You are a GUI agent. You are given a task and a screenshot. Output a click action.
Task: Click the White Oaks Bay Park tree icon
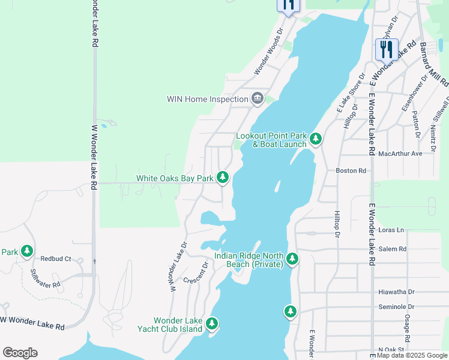223,177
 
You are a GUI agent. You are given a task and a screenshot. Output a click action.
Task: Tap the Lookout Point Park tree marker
315,139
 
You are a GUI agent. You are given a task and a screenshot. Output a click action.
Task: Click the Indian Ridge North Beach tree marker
292,259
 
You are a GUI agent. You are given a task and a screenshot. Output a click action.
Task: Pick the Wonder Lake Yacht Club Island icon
211,324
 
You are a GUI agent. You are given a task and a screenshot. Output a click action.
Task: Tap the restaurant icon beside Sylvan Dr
387,49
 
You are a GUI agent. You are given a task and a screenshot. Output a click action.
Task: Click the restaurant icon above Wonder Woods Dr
288,5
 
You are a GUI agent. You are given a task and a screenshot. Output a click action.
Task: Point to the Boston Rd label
351,170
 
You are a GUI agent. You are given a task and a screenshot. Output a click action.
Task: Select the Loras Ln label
392,230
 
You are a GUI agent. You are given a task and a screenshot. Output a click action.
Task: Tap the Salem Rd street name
393,248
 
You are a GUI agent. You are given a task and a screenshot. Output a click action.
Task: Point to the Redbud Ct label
56,259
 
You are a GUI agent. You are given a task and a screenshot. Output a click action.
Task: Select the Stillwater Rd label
46,277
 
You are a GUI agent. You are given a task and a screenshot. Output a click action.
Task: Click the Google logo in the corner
20,353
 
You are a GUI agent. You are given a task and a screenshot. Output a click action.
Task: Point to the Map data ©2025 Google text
412,356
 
